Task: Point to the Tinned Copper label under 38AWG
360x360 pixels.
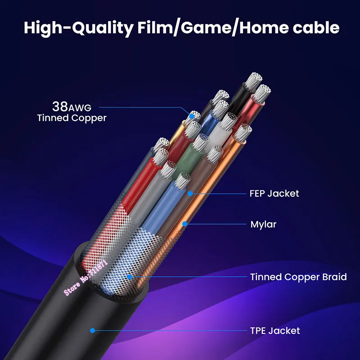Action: click(72, 118)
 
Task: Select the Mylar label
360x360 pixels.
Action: click(263, 224)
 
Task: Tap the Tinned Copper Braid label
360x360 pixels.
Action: click(298, 277)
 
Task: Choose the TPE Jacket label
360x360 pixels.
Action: click(274, 331)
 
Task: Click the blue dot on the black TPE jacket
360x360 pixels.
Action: click(93, 330)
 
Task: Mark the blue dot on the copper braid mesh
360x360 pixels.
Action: click(129, 277)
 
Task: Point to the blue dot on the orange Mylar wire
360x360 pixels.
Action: click(184, 223)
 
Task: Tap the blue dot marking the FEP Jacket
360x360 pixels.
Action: click(190, 193)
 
